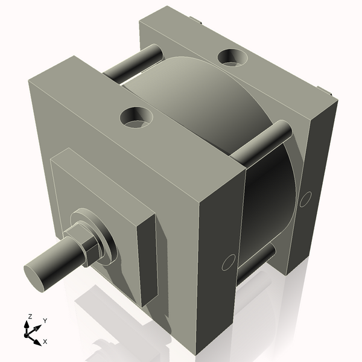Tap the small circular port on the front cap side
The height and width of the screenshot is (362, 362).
(228, 262)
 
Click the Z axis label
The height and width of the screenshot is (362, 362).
(29, 316)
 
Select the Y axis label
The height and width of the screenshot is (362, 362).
(45, 321)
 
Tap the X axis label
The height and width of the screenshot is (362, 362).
(45, 341)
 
